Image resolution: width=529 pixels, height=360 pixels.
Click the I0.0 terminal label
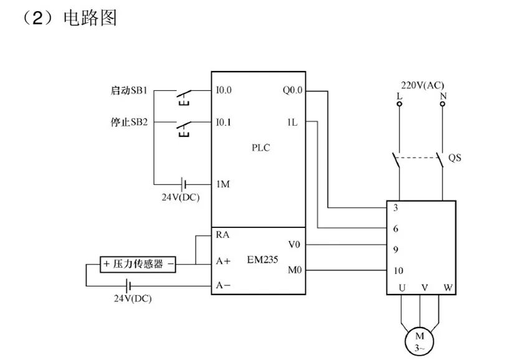pyautogui.click(x=224, y=90)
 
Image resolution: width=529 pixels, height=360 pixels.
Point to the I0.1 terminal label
pyautogui.click(x=224, y=123)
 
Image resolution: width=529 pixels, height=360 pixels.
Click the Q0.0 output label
pyautogui.click(x=292, y=90)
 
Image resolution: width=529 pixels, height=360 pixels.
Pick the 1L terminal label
pyautogui.click(x=292, y=123)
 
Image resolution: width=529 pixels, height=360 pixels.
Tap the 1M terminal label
pyautogui.click(x=223, y=184)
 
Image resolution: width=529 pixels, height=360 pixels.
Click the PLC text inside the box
pyautogui.click(x=261, y=148)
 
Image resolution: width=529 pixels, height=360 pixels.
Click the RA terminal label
pyautogui.click(x=222, y=235)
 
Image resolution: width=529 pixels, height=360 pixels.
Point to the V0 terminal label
pyautogui.click(x=295, y=244)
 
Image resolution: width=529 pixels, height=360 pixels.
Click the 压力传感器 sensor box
pyautogui.click(x=138, y=264)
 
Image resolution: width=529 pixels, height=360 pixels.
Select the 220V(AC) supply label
pyautogui.click(x=422, y=85)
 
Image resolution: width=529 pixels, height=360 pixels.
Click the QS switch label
pyautogui.click(x=455, y=158)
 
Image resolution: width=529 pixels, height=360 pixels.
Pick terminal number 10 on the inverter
pyautogui.click(x=399, y=271)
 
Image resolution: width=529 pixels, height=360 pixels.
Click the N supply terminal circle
pyautogui.click(x=442, y=104)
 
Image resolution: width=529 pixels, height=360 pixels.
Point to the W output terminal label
pyautogui.click(x=447, y=288)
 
